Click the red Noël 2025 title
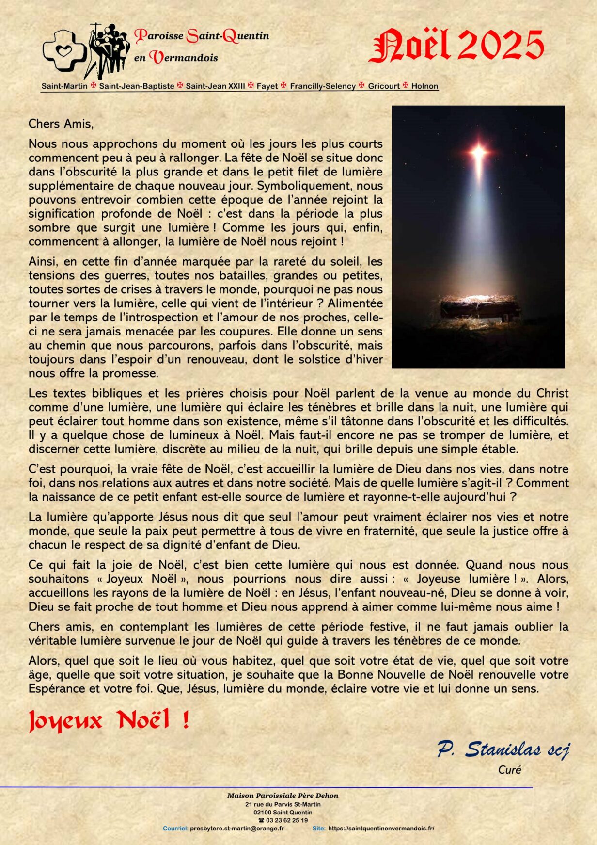pyautogui.click(x=456, y=46)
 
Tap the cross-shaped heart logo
pyautogui.click(x=64, y=48)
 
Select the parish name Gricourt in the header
pyautogui.click(x=384, y=86)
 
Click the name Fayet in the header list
pyautogui.click(x=267, y=86)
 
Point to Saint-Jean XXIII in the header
pyautogui.click(x=215, y=86)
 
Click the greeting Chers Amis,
pyautogui.click(x=61, y=124)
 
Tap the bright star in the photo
pyautogui.click(x=478, y=153)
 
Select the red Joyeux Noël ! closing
pyautogui.click(x=109, y=720)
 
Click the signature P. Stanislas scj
pyautogui.click(x=503, y=749)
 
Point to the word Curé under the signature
pyautogui.click(x=509, y=770)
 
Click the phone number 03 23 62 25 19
pyautogui.click(x=286, y=820)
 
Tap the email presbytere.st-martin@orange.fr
pyautogui.click(x=237, y=829)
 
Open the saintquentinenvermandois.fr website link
pyautogui.click(x=381, y=829)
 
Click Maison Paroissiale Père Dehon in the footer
pyautogui.click(x=283, y=796)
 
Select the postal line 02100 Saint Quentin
pyautogui.click(x=283, y=812)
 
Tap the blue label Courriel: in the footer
pyautogui.click(x=175, y=829)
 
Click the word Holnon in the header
pyautogui.click(x=424, y=86)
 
